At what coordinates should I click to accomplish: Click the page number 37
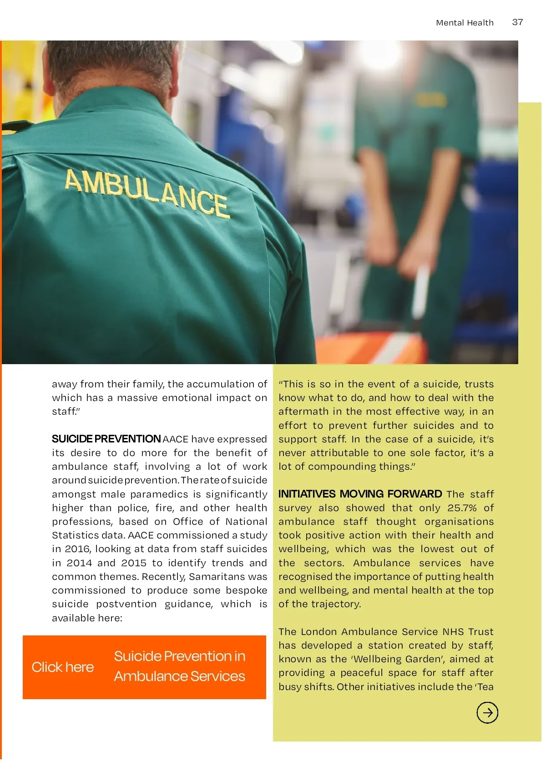pos(517,22)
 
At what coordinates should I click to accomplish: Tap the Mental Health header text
pos(464,23)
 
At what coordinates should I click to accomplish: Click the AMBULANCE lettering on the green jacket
pos(146,192)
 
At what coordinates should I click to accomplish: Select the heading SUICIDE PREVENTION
pos(106,439)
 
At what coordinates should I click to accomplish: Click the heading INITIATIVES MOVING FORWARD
pos(360,494)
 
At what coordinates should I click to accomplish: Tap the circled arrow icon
pos(487,712)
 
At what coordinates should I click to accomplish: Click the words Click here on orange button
pos(63,667)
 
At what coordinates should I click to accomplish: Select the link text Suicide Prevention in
pos(179,656)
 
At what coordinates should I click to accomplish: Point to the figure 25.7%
pos(462,508)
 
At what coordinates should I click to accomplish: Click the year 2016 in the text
pos(77,549)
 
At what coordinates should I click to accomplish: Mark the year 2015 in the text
pos(134,563)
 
